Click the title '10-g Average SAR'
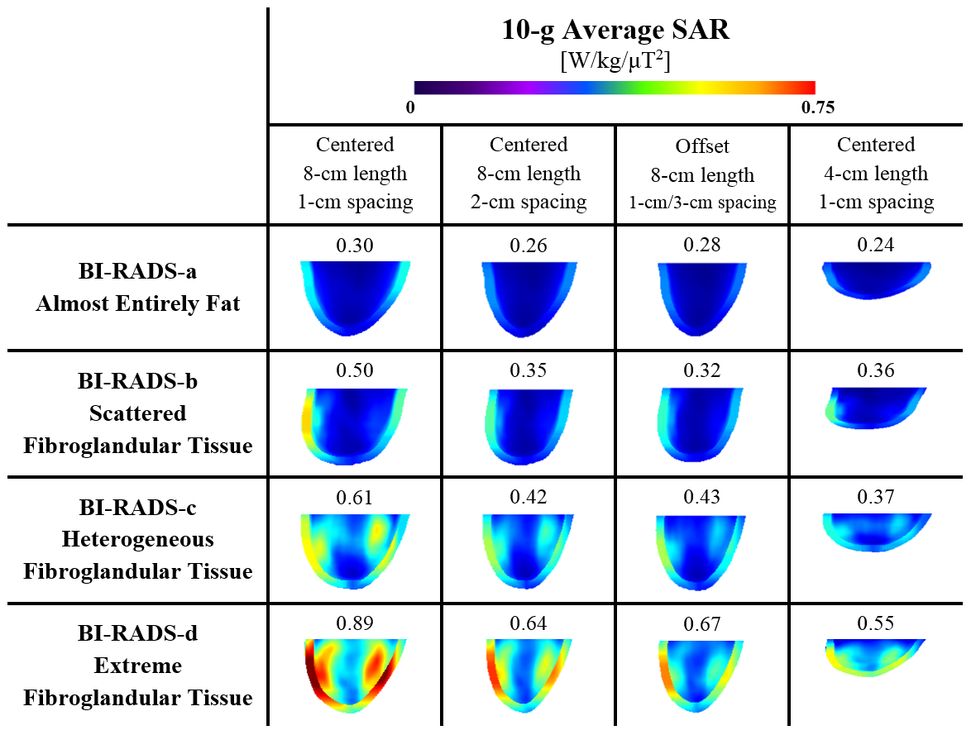tap(615, 31)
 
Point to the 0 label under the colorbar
tap(410, 107)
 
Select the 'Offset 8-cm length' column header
tap(702, 174)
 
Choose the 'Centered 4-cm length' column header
tap(876, 173)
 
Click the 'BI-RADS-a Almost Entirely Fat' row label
tap(137, 288)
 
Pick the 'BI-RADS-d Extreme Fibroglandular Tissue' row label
tap(137, 666)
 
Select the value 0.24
tap(876, 245)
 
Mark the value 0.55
tap(876, 624)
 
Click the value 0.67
tap(702, 624)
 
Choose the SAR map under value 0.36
tap(875, 406)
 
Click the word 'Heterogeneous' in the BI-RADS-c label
tap(137, 539)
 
